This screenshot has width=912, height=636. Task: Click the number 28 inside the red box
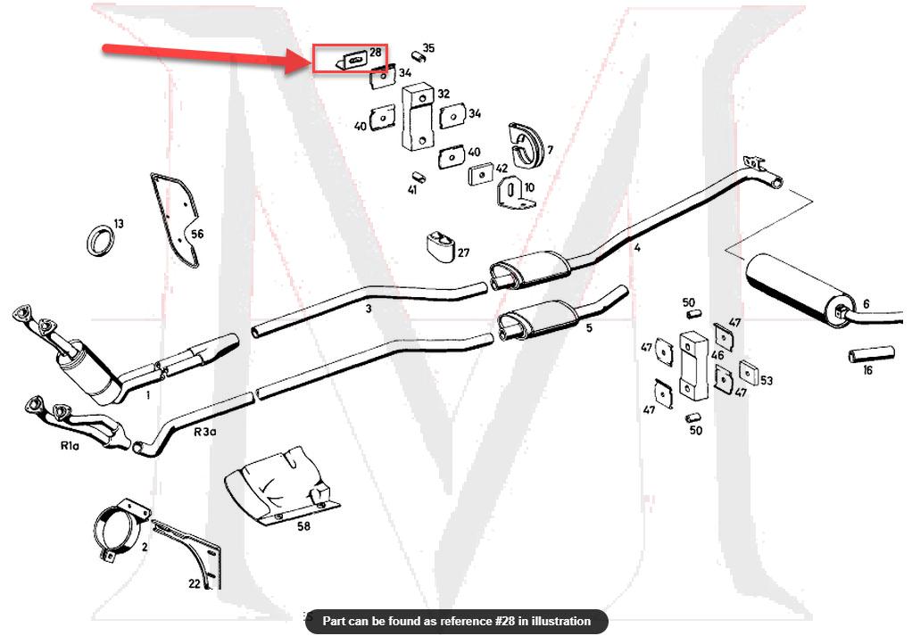[x=375, y=54]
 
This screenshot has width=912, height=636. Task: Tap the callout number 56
[x=196, y=235]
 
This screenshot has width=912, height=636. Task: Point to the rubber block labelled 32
[x=415, y=116]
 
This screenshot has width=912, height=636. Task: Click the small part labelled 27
[x=438, y=244]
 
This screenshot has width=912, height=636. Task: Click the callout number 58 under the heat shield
[x=303, y=526]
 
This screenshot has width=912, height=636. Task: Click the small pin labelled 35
[x=417, y=57]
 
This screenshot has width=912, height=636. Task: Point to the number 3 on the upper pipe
[x=368, y=309]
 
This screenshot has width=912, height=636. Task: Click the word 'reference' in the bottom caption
[x=468, y=621]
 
